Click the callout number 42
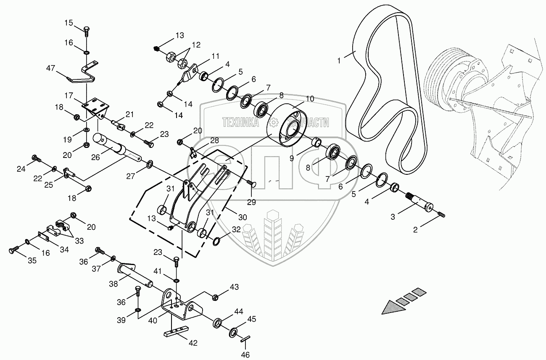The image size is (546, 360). tap(193, 343)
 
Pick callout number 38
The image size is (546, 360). tap(113, 284)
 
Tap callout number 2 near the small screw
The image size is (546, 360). tap(415, 229)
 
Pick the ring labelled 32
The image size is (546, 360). tap(217, 242)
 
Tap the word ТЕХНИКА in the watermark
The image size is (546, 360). tap(240, 122)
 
